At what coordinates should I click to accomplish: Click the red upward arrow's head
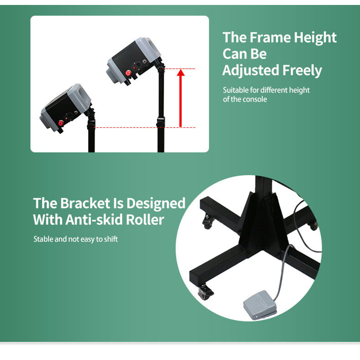(x=181, y=72)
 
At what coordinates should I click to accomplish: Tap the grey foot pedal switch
(x=260, y=305)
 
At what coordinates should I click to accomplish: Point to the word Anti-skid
(x=94, y=220)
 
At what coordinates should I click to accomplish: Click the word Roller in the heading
(x=145, y=220)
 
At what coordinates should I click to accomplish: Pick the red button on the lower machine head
(x=61, y=123)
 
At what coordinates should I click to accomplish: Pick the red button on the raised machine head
(x=128, y=73)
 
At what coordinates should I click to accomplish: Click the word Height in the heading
(x=315, y=38)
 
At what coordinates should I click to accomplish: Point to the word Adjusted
(x=251, y=71)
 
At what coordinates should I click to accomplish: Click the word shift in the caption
(x=111, y=239)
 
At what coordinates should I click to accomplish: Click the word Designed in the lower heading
(x=156, y=204)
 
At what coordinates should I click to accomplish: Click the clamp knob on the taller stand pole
(x=160, y=122)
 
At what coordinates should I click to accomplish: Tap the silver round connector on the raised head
(x=144, y=62)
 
